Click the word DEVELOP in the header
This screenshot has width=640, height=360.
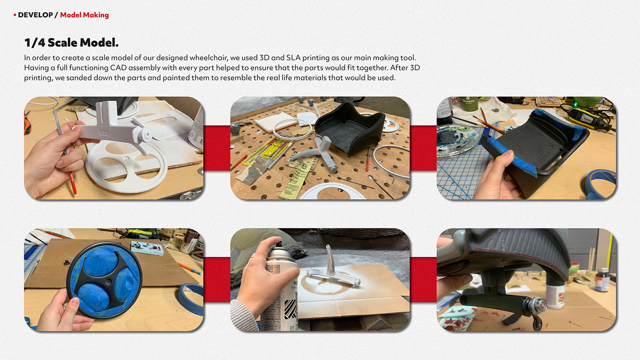pos(36,15)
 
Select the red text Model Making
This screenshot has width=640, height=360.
pos(84,15)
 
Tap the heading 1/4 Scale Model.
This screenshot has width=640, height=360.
pos(71,42)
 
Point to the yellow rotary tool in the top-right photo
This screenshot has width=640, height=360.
pos(589,116)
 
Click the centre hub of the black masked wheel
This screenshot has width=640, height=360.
pos(108,282)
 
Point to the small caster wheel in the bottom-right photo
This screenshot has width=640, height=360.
pos(538,324)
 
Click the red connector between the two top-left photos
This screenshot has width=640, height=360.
pos(217,148)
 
